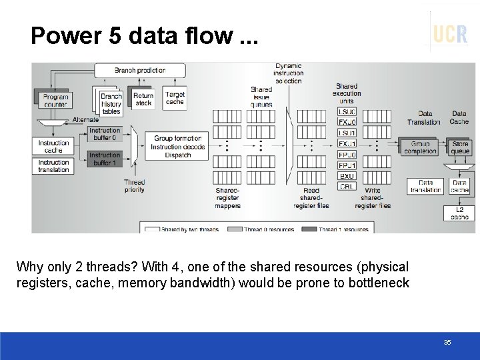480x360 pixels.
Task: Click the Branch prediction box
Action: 139,70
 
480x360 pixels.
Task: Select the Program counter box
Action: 55,101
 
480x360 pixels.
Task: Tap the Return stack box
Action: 143,99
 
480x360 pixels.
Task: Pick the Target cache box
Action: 175,99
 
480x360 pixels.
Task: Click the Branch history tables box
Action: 111,103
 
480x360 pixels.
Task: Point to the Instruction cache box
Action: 53,147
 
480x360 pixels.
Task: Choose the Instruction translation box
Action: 53,166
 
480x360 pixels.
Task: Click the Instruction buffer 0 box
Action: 105,134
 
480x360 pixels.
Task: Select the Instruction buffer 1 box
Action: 105,159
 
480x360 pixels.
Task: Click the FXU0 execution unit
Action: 347,123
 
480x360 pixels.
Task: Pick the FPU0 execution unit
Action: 347,155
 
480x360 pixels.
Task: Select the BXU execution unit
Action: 347,176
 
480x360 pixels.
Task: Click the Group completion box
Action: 421,147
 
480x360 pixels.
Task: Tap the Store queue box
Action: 460,147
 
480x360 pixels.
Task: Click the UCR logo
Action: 450,33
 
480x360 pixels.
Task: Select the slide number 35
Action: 447,342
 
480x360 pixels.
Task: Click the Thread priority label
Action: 134,186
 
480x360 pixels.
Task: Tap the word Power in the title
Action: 63,35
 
